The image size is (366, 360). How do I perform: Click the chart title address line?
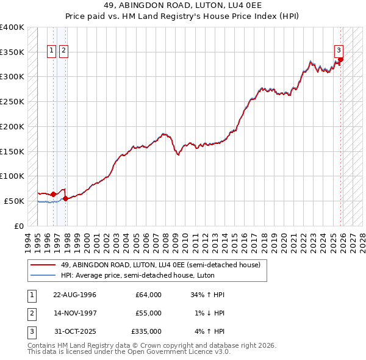pyautogui.click(x=183, y=7)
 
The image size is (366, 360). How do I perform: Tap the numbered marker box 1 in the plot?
pyautogui.click(x=52, y=51)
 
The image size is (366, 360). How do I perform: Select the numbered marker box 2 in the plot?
pyautogui.click(x=63, y=51)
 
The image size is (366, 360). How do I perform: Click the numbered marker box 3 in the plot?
pyautogui.click(x=338, y=51)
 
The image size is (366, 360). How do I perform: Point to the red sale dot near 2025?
pyautogui.click(x=340, y=59)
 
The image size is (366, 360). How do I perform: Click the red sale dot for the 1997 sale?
pyautogui.click(x=65, y=198)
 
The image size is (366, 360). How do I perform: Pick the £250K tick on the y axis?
pyautogui.click(x=12, y=101)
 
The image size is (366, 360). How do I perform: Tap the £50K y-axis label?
pyautogui.click(x=14, y=201)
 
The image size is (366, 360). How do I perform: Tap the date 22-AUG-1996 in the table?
pyautogui.click(x=74, y=295)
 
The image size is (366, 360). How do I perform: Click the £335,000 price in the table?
pyautogui.click(x=146, y=331)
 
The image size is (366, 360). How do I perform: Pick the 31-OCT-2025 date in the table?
pyautogui.click(x=74, y=331)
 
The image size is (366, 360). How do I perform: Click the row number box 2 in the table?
pyautogui.click(x=30, y=313)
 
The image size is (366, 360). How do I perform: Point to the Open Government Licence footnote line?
pyautogui.click(x=129, y=352)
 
